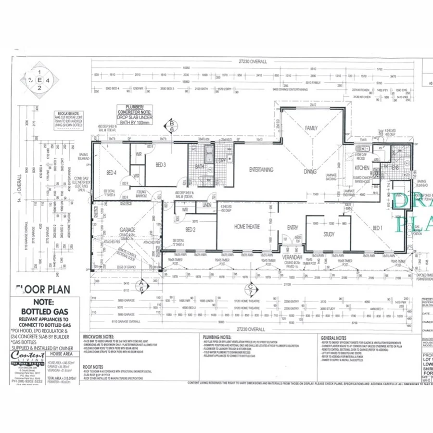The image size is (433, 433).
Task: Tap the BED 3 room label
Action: [x=161, y=165]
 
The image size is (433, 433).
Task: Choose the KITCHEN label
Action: [x=361, y=168]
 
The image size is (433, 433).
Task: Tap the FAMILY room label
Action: [x=311, y=128]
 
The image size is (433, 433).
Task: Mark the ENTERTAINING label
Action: [x=261, y=169]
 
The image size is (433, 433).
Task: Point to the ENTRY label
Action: [x=292, y=228]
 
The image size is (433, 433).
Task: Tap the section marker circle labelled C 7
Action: [x=250, y=289]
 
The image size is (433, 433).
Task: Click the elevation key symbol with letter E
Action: [x=39, y=79]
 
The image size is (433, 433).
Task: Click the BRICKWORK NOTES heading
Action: [x=98, y=337]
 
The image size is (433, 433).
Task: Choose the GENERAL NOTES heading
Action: [x=333, y=338]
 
